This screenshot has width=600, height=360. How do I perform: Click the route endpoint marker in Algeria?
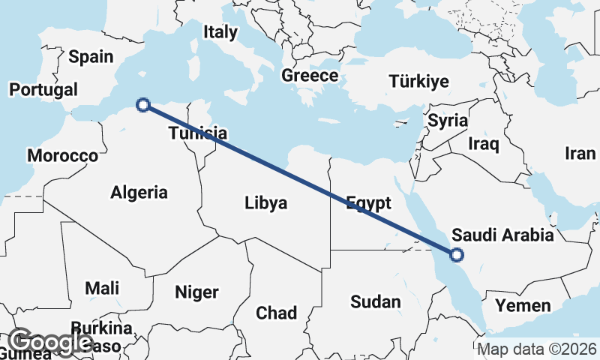tap(143, 105)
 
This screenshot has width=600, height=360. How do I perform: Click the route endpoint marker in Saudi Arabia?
tap(456, 256)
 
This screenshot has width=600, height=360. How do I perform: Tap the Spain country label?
tap(91, 56)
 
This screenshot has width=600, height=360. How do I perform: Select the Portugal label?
tap(43, 89)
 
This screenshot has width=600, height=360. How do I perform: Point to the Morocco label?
tap(62, 156)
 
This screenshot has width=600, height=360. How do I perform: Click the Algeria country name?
tap(139, 192)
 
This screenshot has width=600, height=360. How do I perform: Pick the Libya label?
tap(265, 202)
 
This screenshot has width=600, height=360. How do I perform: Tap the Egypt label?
tap(368, 203)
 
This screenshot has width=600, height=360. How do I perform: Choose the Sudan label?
tap(376, 301)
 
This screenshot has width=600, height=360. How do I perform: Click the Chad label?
tap(276, 313)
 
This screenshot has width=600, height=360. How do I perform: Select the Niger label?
tap(196, 292)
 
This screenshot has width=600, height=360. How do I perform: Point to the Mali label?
tap(102, 288)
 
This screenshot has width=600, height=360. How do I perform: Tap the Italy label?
tap(220, 32)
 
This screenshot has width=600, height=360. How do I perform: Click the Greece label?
tap(310, 75)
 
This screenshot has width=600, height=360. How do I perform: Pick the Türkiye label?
tap(419, 81)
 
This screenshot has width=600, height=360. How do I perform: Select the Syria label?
tap(448, 121)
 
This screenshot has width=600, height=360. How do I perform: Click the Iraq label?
tap(483, 142)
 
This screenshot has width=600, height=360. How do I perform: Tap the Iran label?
tap(580, 154)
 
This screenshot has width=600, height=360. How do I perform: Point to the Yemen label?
tap(522, 305)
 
